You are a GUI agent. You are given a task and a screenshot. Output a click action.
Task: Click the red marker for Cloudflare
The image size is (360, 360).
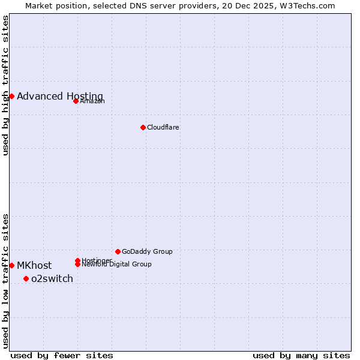tap(143, 127)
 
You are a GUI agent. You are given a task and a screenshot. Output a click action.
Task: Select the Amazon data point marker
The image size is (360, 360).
tap(76, 101)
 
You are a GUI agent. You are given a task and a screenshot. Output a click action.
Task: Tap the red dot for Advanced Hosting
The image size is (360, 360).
tap(11, 96)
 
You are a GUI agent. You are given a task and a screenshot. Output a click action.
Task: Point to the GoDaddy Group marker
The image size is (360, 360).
tap(118, 251)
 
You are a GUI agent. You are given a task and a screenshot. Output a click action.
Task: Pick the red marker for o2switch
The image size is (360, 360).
tap(26, 278)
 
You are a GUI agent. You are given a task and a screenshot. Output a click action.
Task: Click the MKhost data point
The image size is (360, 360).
tap(11, 265)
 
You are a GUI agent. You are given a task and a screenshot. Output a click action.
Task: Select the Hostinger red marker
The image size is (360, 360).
tap(77, 260)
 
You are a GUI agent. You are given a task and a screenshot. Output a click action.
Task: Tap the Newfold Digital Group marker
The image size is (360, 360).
tap(77, 264)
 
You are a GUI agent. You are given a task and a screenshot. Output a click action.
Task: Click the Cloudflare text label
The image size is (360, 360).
tap(163, 127)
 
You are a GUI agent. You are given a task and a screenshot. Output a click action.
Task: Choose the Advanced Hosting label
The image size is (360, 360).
tap(60, 97)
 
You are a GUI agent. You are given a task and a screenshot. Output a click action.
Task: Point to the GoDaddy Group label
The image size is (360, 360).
tap(147, 251)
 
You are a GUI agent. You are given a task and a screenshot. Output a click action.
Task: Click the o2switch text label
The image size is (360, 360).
tap(52, 279)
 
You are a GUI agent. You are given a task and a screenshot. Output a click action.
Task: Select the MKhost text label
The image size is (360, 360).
tap(34, 266)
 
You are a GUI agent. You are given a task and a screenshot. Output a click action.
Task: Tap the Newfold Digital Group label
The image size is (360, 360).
tap(116, 265)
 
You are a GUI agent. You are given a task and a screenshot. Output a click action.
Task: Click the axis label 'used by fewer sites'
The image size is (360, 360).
tap(62, 356)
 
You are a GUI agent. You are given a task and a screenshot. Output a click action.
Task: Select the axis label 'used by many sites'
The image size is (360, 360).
tap(301, 356)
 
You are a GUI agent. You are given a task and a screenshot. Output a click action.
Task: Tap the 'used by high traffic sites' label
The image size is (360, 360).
tap(5, 85)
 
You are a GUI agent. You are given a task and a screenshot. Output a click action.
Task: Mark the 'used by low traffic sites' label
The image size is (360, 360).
tap(5, 281)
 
